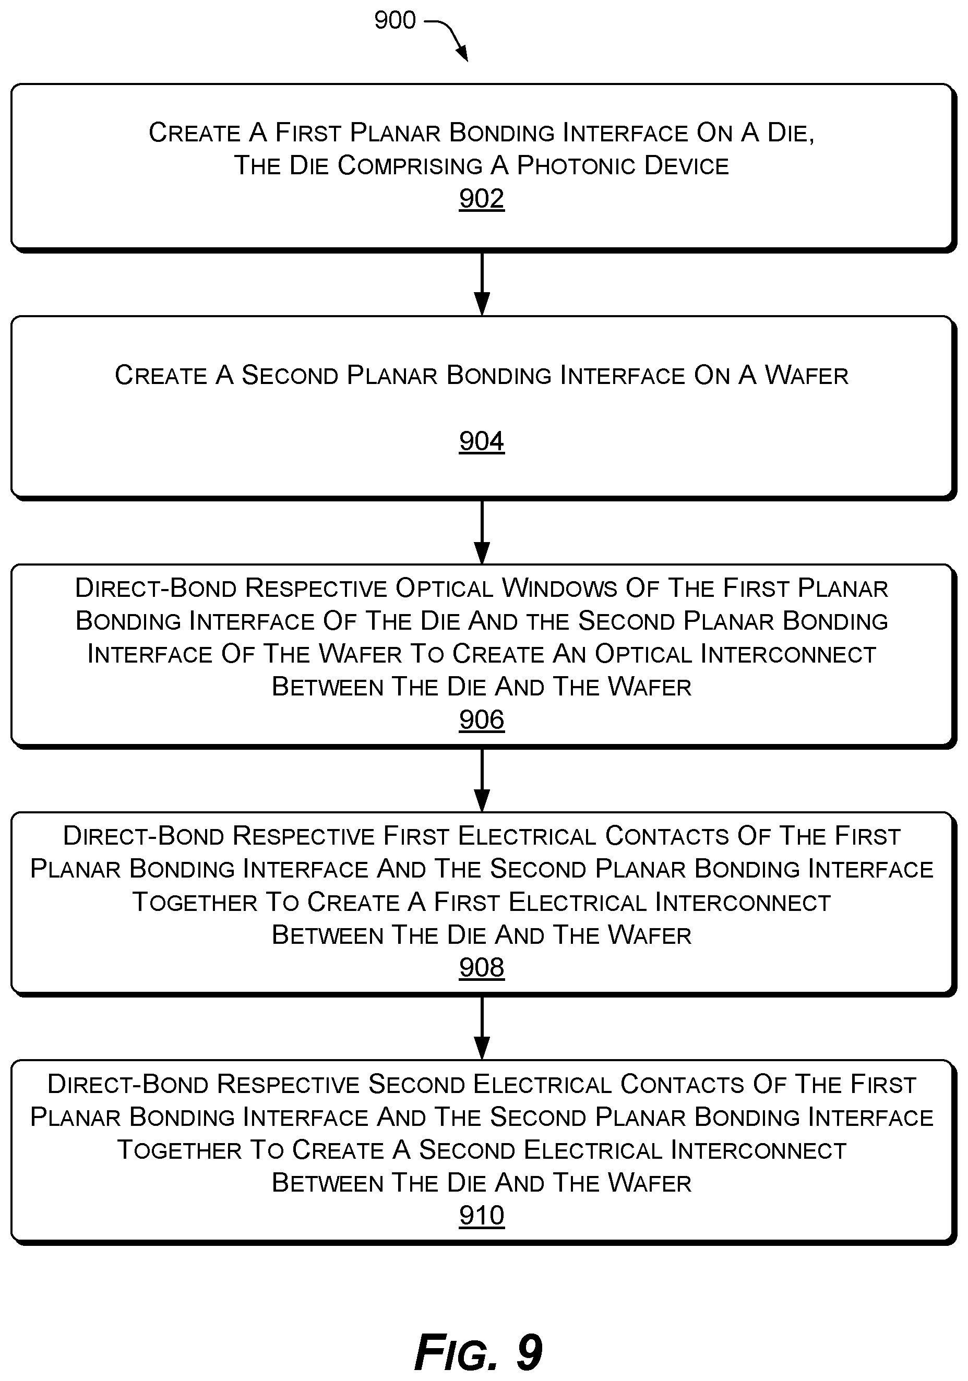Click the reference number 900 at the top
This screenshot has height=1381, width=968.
click(395, 20)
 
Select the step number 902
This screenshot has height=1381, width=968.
click(481, 198)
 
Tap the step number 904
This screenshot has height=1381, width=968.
click(481, 441)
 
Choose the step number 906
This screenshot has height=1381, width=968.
click(481, 719)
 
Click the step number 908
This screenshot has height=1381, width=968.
click(481, 967)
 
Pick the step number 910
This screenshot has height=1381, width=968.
click(481, 1215)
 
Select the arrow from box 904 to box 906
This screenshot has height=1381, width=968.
click(482, 532)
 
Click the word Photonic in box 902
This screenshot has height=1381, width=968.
click(577, 165)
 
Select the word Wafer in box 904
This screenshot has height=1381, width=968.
click(806, 375)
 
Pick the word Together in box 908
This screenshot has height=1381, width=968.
click(194, 902)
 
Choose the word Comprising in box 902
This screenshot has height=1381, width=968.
click(410, 166)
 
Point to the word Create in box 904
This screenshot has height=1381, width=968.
click(161, 375)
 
